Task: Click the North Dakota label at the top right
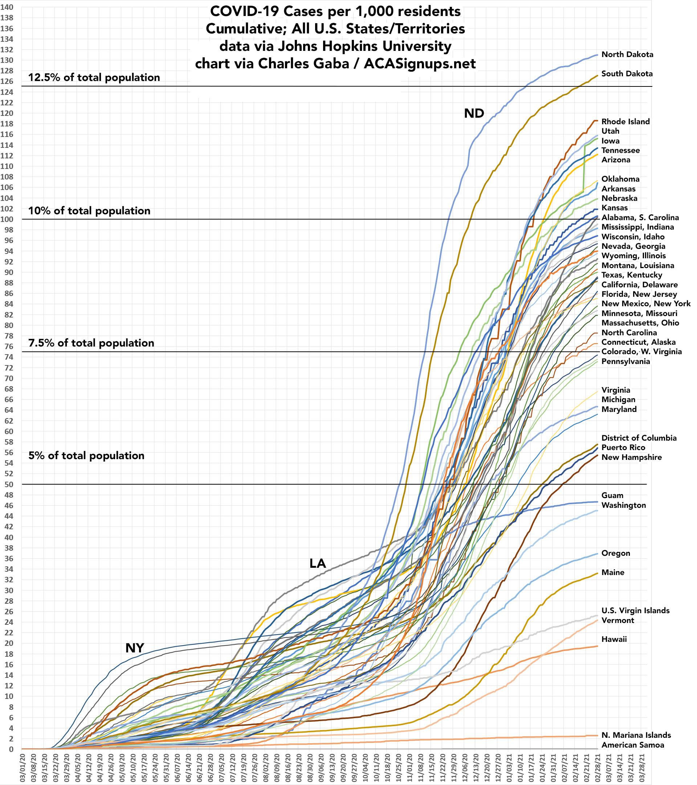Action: point(627,54)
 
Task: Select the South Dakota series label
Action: point(627,74)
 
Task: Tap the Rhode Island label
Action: point(625,122)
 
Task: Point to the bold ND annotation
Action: point(474,113)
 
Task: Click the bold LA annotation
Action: point(317,563)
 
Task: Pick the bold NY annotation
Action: point(135,648)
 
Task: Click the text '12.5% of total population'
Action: point(94,78)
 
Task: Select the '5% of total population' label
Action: point(86,456)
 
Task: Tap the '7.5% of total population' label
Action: point(91,343)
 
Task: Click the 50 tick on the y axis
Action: point(9,484)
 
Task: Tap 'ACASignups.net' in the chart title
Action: point(420,64)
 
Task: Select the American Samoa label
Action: point(632,745)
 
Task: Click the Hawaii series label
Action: point(614,639)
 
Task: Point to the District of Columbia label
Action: point(639,438)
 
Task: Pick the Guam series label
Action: point(612,495)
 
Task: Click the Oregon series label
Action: point(616,553)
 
